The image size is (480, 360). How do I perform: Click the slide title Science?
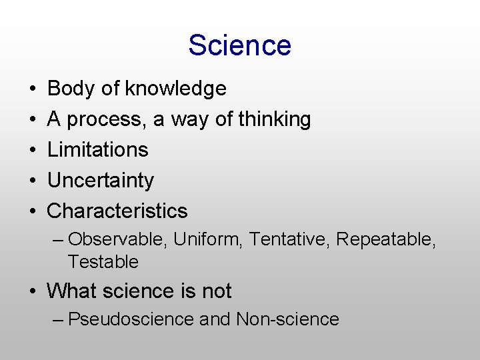(x=239, y=45)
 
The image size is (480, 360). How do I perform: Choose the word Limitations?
(x=97, y=149)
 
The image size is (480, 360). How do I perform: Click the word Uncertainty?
(x=100, y=180)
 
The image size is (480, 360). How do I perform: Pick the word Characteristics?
(x=117, y=211)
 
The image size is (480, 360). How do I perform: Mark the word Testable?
(x=103, y=261)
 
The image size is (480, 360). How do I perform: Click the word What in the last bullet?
(x=72, y=291)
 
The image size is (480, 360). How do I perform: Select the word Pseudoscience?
(x=131, y=319)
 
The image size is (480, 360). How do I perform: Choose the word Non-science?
(x=287, y=319)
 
